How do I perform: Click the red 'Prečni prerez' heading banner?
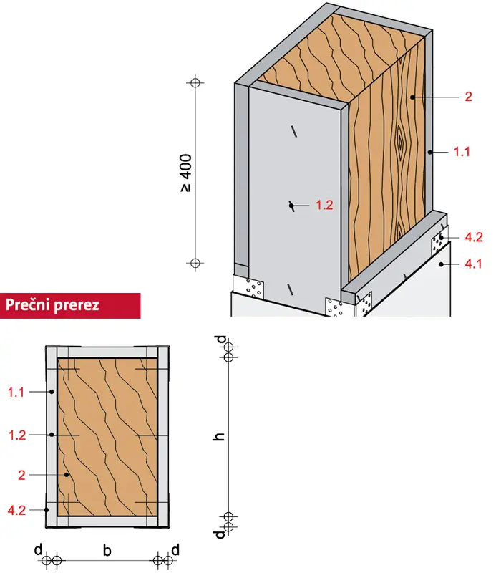click(x=70, y=305)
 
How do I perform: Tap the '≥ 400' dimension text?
click(x=186, y=173)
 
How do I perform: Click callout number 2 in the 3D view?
click(x=468, y=97)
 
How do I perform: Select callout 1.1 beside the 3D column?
click(x=462, y=151)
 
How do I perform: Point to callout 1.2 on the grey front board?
click(x=324, y=205)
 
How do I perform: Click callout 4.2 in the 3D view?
click(x=474, y=237)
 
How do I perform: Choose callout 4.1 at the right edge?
click(x=473, y=264)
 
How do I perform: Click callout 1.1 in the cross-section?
click(x=16, y=392)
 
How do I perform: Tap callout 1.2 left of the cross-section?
click(x=17, y=435)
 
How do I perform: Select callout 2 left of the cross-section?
click(x=22, y=475)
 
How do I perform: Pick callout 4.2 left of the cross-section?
click(x=16, y=510)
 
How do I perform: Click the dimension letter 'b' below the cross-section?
click(x=107, y=550)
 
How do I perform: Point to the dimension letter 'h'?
click(x=219, y=436)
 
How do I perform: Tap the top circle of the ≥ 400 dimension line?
click(x=195, y=82)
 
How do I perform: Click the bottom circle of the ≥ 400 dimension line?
click(x=195, y=263)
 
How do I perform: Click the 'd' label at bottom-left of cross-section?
click(x=39, y=549)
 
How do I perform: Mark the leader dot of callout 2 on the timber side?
click(x=412, y=97)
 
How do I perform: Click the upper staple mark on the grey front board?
click(x=293, y=132)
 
